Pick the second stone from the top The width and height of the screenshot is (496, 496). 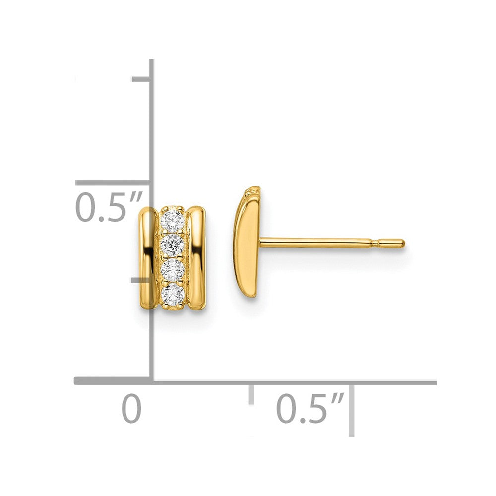click(173, 244)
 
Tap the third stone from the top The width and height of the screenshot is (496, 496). click(173, 269)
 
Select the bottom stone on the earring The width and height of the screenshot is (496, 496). click(173, 294)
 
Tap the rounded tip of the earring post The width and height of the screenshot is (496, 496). click(401, 243)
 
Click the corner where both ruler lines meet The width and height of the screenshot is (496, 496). click(151, 381)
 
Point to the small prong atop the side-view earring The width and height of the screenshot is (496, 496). click(254, 189)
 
